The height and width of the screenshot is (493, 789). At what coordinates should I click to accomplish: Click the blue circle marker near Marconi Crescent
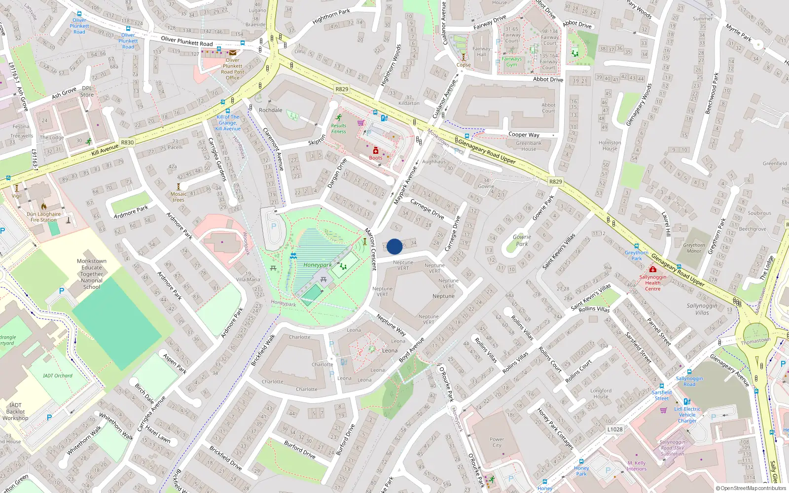pyautogui.click(x=394, y=246)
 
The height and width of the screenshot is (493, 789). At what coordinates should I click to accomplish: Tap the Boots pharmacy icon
pyautogui.click(x=375, y=151)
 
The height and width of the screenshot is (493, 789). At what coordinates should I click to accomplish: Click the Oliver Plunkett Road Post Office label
pyautogui.click(x=233, y=69)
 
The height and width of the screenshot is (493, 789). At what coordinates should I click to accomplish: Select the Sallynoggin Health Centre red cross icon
pyautogui.click(x=653, y=270)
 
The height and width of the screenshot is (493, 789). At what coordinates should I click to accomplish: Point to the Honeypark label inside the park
pyautogui.click(x=318, y=265)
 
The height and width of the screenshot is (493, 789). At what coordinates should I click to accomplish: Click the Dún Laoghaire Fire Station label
pyautogui.click(x=43, y=217)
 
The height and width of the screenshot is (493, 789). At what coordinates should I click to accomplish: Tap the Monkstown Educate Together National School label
pyautogui.click(x=92, y=274)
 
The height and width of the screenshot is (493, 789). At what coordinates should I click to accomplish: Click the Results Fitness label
pyautogui.click(x=339, y=128)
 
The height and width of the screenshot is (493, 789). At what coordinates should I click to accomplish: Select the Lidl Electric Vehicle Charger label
pyautogui.click(x=687, y=415)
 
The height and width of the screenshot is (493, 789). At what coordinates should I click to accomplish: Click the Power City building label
pyautogui.click(x=497, y=442)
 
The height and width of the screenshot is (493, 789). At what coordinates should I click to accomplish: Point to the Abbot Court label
pyautogui.click(x=548, y=107)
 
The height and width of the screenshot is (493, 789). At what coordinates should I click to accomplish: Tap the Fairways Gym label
pyautogui.click(x=511, y=62)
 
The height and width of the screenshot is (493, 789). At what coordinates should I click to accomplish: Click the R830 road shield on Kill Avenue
pyautogui.click(x=127, y=142)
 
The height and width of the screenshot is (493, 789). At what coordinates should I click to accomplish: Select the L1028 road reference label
pyautogui.click(x=614, y=429)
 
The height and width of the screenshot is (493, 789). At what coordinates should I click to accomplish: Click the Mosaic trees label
pyautogui.click(x=179, y=197)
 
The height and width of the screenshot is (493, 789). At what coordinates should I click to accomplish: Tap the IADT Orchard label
pyautogui.click(x=57, y=376)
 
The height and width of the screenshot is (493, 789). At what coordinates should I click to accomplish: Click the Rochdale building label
pyautogui.click(x=271, y=110)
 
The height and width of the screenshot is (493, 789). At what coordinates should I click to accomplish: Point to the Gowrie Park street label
pyautogui.click(x=522, y=240)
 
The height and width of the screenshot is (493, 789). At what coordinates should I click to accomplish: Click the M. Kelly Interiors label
pyautogui.click(x=637, y=466)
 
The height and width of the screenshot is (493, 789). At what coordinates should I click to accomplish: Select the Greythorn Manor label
pyautogui.click(x=694, y=248)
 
